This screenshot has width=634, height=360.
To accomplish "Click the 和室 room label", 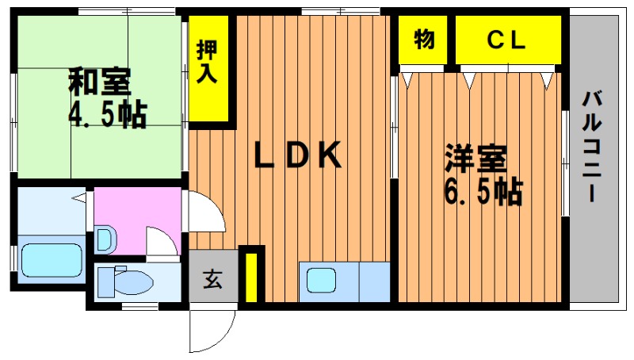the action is tap(100, 82).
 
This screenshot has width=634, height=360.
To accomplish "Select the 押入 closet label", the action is tap(207, 62).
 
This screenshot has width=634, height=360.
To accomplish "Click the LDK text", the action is tap(298, 155).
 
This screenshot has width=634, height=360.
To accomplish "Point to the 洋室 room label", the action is tap(475, 158).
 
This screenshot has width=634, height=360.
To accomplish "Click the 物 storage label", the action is tap(424, 39).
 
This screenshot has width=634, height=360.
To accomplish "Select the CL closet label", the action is tap(506, 40).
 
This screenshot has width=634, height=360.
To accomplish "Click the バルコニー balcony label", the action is tap(592, 147).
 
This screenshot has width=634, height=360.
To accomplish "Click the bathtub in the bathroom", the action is tap(52, 260).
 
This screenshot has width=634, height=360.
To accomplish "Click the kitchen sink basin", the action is tap(321, 281).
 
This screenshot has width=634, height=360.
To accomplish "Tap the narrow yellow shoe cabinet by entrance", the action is tap(251, 277).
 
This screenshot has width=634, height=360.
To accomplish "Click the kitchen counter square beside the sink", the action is tap(374, 282).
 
